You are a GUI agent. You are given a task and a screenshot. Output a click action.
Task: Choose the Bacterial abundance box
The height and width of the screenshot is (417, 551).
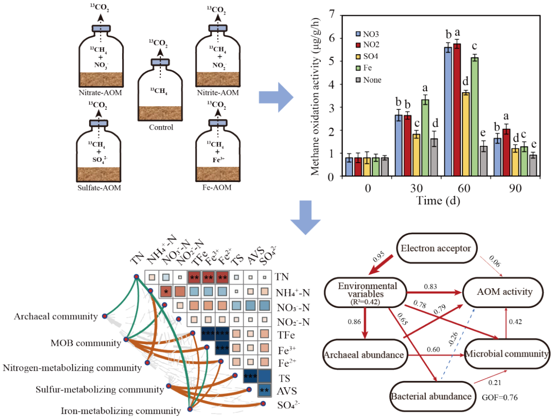[x=431, y=396]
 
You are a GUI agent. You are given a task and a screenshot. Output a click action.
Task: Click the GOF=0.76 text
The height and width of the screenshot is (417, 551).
[x=499, y=398]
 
